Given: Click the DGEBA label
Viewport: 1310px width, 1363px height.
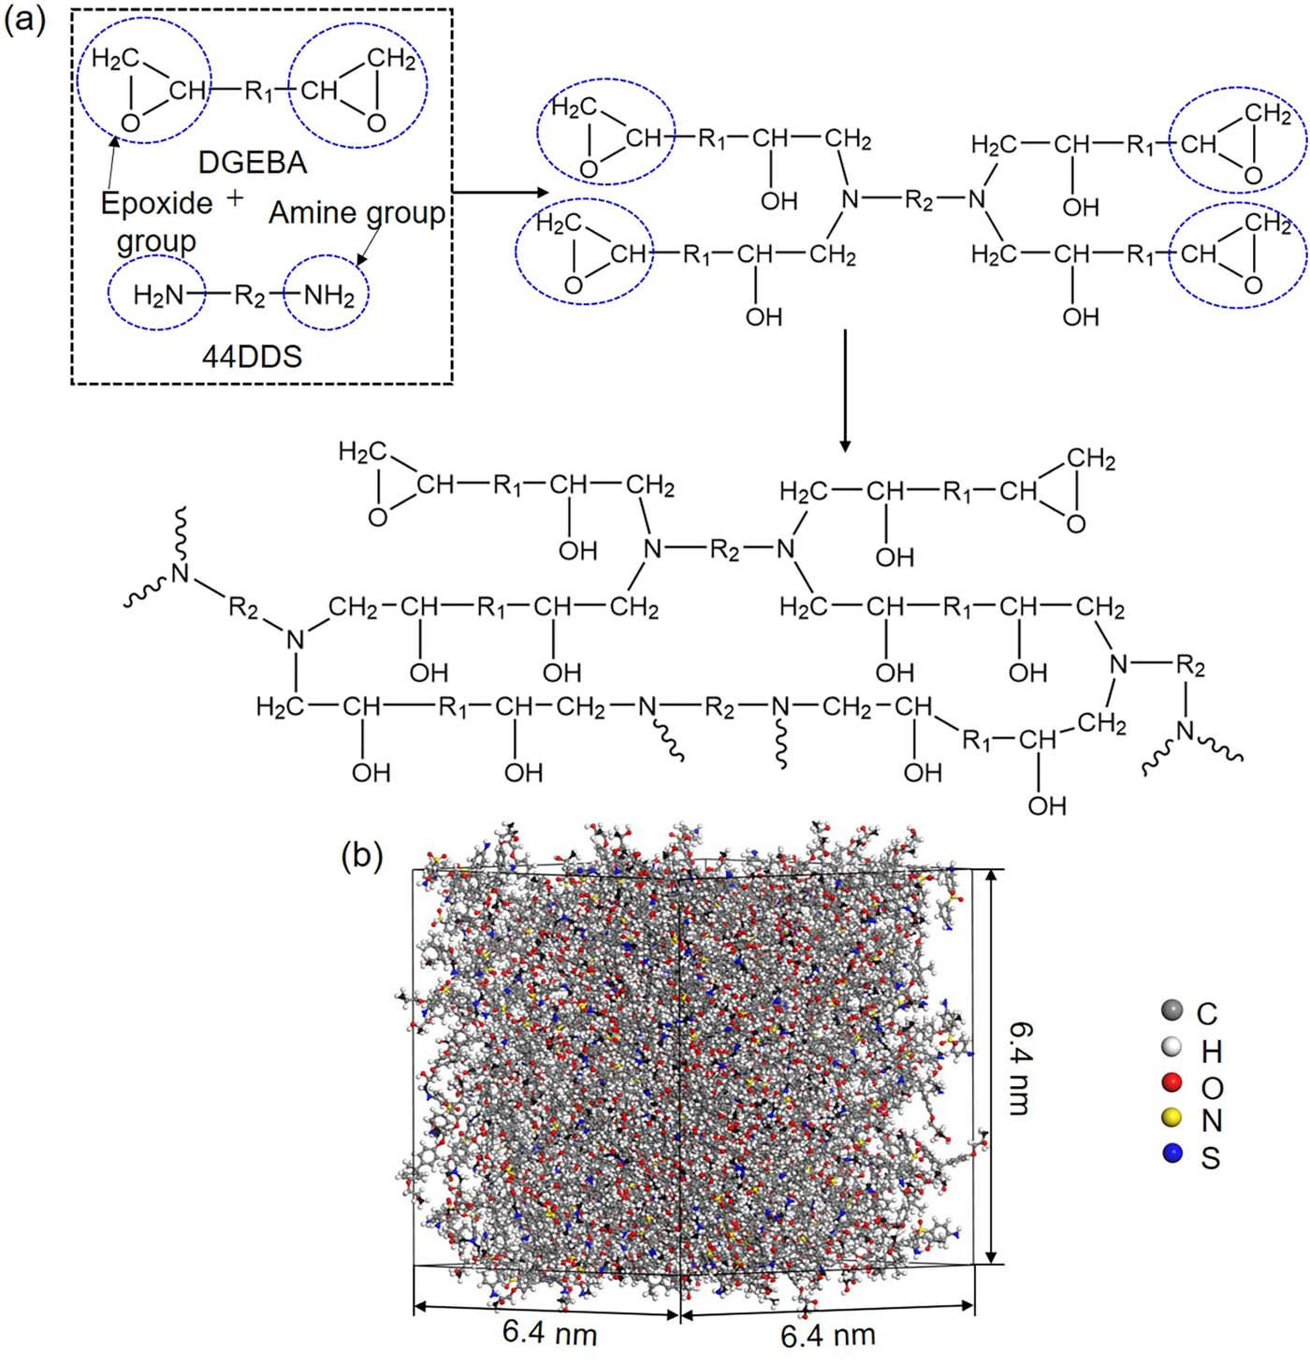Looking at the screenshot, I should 252,163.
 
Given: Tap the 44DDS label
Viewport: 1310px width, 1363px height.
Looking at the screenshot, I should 252,356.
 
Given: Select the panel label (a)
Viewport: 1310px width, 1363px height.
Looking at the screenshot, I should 24,20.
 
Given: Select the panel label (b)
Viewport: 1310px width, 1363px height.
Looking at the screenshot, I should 362,854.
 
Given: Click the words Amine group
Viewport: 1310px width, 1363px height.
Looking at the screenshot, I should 357,213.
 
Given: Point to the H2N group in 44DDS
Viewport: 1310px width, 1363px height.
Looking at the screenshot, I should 158,296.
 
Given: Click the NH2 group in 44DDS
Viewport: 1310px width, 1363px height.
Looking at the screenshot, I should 329,296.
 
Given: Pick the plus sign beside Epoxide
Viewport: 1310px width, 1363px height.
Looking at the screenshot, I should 235,198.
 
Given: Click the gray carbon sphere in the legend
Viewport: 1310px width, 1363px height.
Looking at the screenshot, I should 1171,1010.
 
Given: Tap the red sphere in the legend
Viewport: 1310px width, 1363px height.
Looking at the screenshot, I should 1171,1083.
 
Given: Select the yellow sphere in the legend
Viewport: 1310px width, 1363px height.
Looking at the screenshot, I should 1171,1118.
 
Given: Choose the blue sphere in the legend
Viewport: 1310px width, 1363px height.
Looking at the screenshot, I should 1171,1153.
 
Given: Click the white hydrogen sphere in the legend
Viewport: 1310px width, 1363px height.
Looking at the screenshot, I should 1171,1047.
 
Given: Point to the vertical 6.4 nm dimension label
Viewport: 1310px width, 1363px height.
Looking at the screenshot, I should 1019,1067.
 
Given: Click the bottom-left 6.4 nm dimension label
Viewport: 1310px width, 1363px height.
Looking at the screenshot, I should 549,1332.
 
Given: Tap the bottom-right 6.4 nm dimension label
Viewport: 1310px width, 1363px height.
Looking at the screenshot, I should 827,1336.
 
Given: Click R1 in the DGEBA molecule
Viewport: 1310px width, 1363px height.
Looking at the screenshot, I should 259,91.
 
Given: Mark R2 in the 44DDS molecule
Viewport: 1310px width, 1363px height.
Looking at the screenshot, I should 250,296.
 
